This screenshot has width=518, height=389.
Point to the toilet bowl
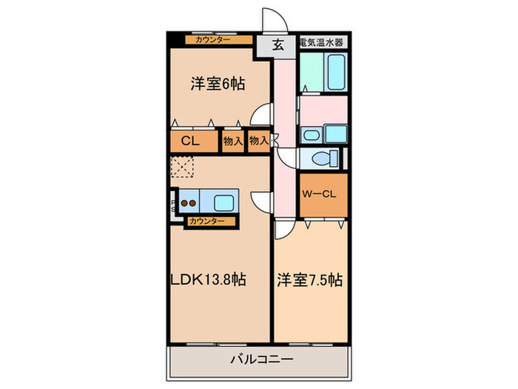[320, 159]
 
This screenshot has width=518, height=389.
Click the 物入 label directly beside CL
[233, 141]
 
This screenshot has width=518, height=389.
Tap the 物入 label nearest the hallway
[258, 141]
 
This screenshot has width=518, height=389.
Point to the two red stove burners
[189, 202]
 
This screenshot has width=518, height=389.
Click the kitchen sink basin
[223, 202]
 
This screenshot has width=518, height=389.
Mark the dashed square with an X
[182, 167]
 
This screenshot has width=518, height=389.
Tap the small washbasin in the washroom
[310, 135]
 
